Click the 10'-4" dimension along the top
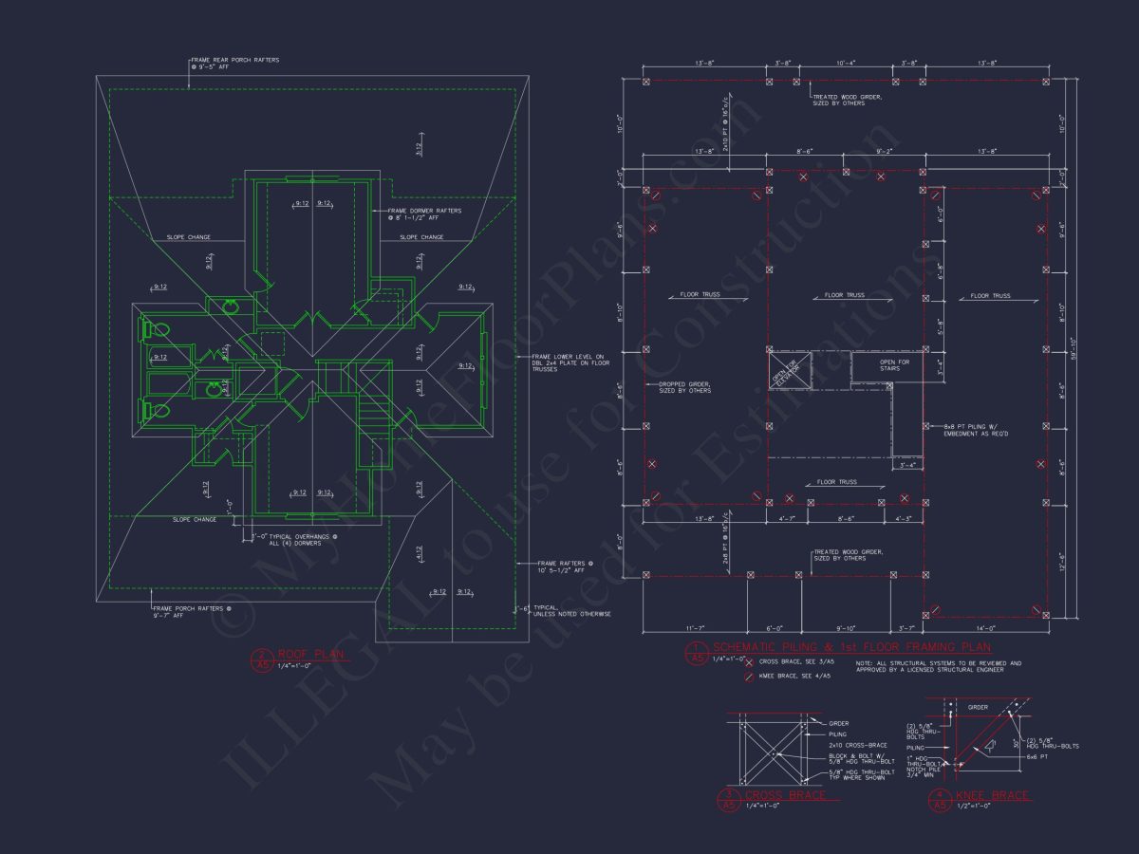click(x=845, y=64)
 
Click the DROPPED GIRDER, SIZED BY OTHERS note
click(x=684, y=388)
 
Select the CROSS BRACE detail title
click(x=785, y=795)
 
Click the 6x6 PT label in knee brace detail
click(x=1037, y=756)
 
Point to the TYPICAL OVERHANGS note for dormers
click(x=296, y=540)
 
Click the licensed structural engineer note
click(x=938, y=666)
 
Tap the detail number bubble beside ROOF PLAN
click(x=262, y=659)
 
